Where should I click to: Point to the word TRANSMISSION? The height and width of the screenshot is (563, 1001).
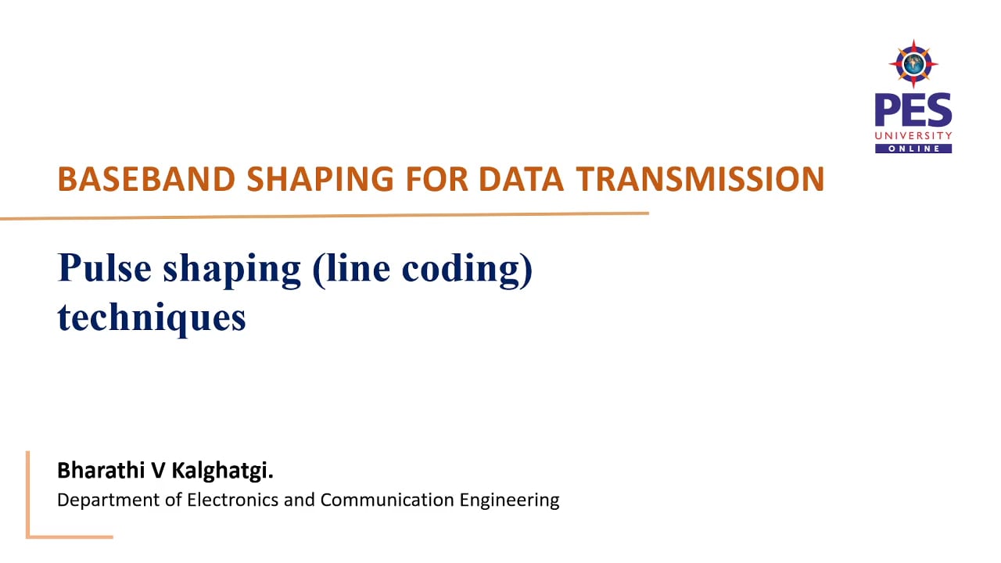[700, 179]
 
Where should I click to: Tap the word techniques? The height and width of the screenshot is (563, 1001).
[152, 318]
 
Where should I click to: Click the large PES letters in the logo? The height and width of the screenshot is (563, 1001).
[913, 110]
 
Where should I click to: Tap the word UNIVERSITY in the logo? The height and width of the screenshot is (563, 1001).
[913, 136]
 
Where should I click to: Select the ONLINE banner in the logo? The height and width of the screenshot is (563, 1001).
[913, 149]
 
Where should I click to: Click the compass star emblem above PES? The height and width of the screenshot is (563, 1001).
[913, 63]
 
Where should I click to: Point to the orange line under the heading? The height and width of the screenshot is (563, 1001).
[324, 215]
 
